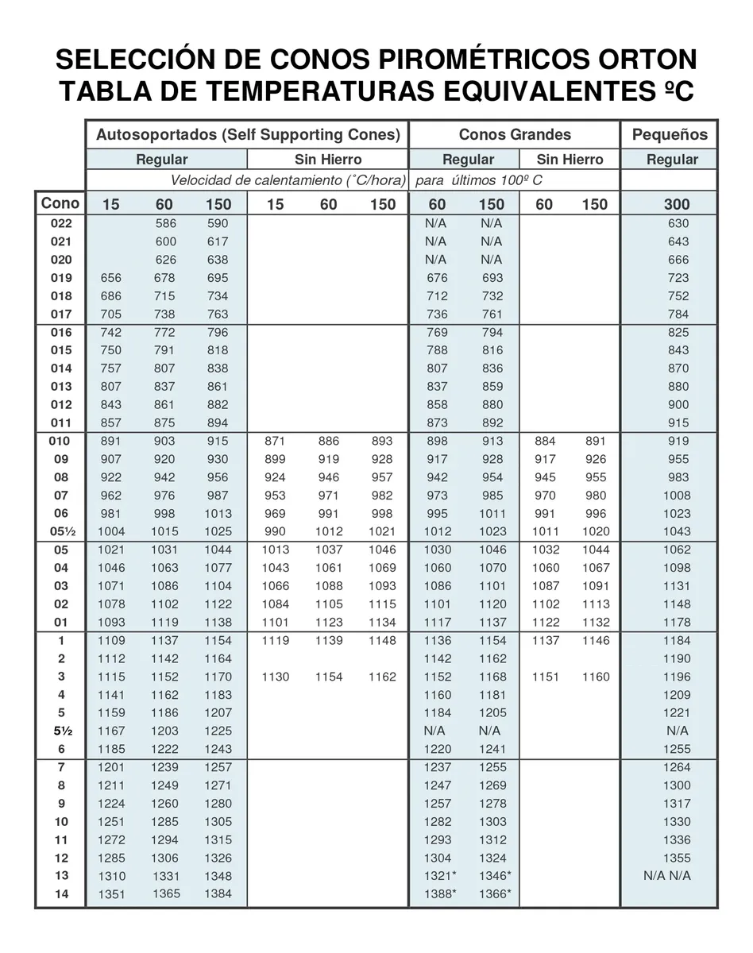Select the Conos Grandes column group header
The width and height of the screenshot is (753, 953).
coord(515,134)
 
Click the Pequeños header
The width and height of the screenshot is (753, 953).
coord(670,134)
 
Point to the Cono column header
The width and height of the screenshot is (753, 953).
coord(60,203)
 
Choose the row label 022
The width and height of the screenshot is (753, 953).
coord(61,224)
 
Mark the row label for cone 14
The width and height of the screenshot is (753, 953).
coord(61,894)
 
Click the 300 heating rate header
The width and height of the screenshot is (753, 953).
coord(676,204)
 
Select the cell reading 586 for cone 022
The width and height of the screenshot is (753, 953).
coord(165,224)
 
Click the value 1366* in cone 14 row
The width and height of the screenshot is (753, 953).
coord(495,894)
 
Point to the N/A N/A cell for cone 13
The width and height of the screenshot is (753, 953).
coord(667,876)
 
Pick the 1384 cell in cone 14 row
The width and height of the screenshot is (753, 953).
coord(218,894)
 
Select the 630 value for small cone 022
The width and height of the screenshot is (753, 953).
coord(678,224)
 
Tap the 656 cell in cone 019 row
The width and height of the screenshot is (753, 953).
coord(111,278)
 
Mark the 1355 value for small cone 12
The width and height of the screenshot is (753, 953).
coord(677,858)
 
